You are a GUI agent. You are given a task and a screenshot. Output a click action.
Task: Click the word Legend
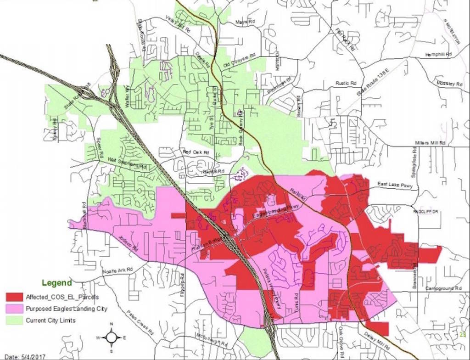(56, 283)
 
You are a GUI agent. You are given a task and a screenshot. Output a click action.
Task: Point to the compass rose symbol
(111, 337)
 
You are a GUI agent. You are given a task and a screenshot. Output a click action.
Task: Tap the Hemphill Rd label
(438, 54)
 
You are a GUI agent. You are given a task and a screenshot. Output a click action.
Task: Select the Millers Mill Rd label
(430, 143)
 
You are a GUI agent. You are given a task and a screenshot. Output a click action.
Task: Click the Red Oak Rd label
(196, 152)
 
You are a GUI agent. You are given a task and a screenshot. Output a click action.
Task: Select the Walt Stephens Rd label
(127, 162)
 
